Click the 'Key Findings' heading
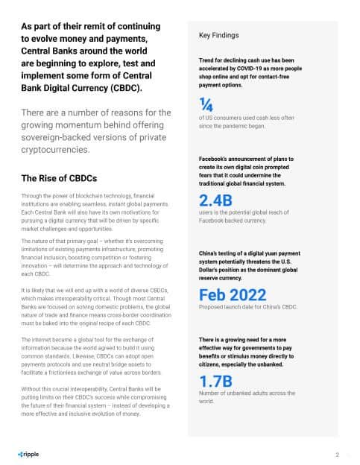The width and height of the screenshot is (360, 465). tap(220, 34)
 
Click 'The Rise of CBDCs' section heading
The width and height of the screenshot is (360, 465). tap(59, 178)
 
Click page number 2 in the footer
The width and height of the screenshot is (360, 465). tap(337, 454)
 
